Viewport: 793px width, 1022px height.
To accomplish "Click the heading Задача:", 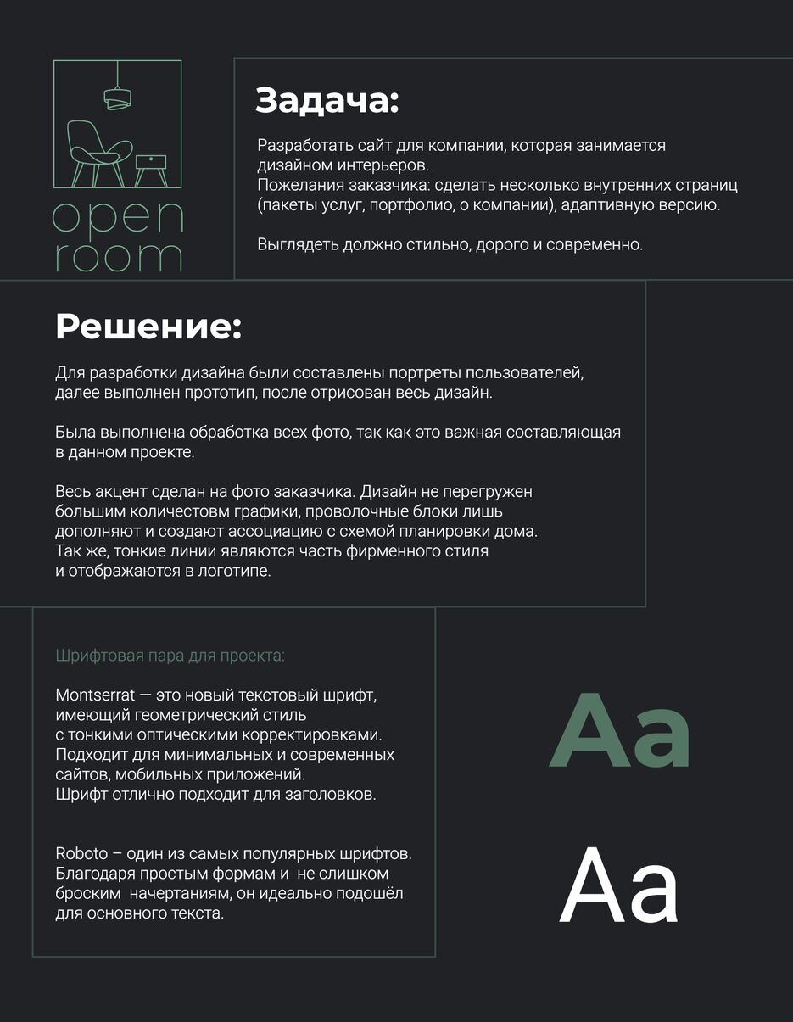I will [x=327, y=101].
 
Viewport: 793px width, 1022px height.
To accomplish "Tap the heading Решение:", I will [x=148, y=327].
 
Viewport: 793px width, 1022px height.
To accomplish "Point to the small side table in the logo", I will [x=152, y=166].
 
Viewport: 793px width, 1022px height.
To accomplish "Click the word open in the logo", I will [x=118, y=219].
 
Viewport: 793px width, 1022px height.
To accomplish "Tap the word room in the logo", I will [x=118, y=257].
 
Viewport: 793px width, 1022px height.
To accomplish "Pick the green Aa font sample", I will [x=619, y=731].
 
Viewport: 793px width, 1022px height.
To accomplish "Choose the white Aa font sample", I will [x=618, y=886].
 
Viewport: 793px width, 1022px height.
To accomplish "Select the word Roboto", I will [x=82, y=853].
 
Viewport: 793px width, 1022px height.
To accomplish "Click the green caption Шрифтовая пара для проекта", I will [x=170, y=656].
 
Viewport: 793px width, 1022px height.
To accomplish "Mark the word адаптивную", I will [x=609, y=205].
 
